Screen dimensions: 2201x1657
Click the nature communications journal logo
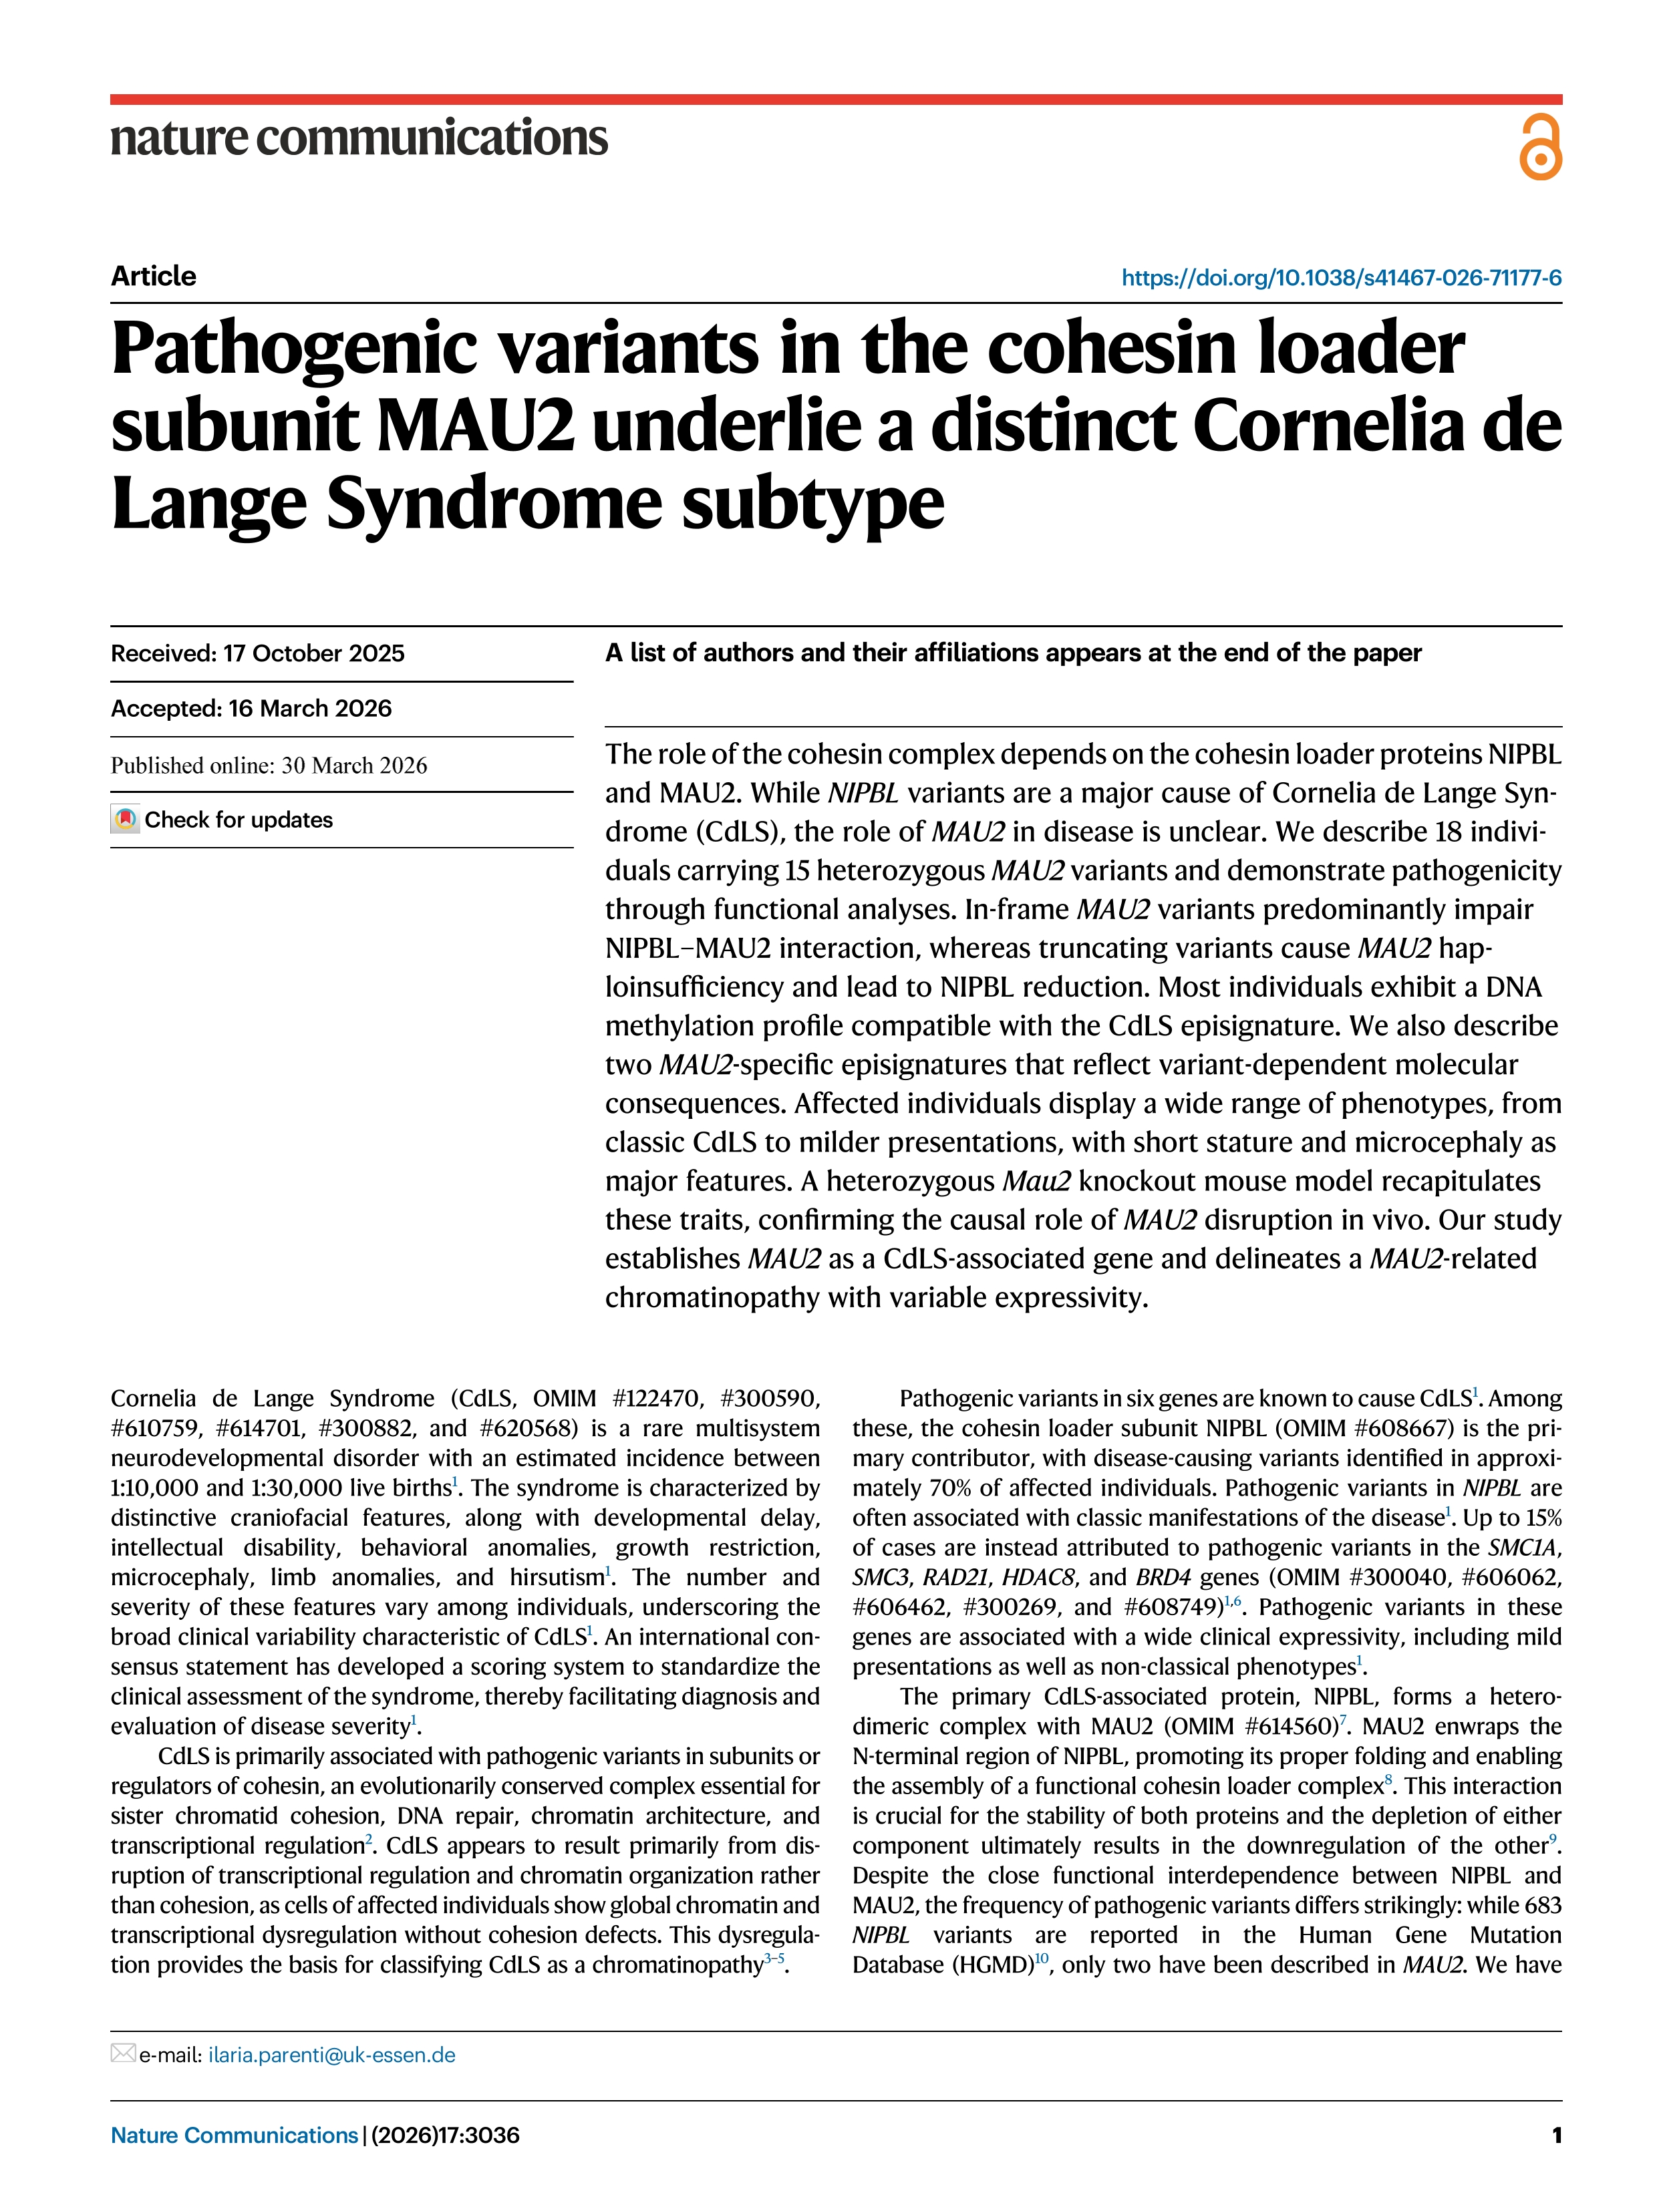coord(358,138)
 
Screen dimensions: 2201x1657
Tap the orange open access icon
coord(1539,147)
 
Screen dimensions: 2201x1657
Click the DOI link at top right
coord(1340,278)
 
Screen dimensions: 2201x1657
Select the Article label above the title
coord(153,276)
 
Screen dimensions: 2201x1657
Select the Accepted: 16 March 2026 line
coord(251,709)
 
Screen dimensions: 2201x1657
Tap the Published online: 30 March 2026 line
coord(269,766)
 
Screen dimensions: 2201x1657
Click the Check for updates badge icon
coord(126,820)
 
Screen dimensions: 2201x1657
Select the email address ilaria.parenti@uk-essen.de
coord(331,2055)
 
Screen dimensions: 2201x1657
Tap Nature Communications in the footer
coord(234,2134)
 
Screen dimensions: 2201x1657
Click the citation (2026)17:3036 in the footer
coord(445,2134)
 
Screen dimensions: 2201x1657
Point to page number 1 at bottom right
coord(1555,2134)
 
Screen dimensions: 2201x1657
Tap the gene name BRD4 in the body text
coord(1163,1578)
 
